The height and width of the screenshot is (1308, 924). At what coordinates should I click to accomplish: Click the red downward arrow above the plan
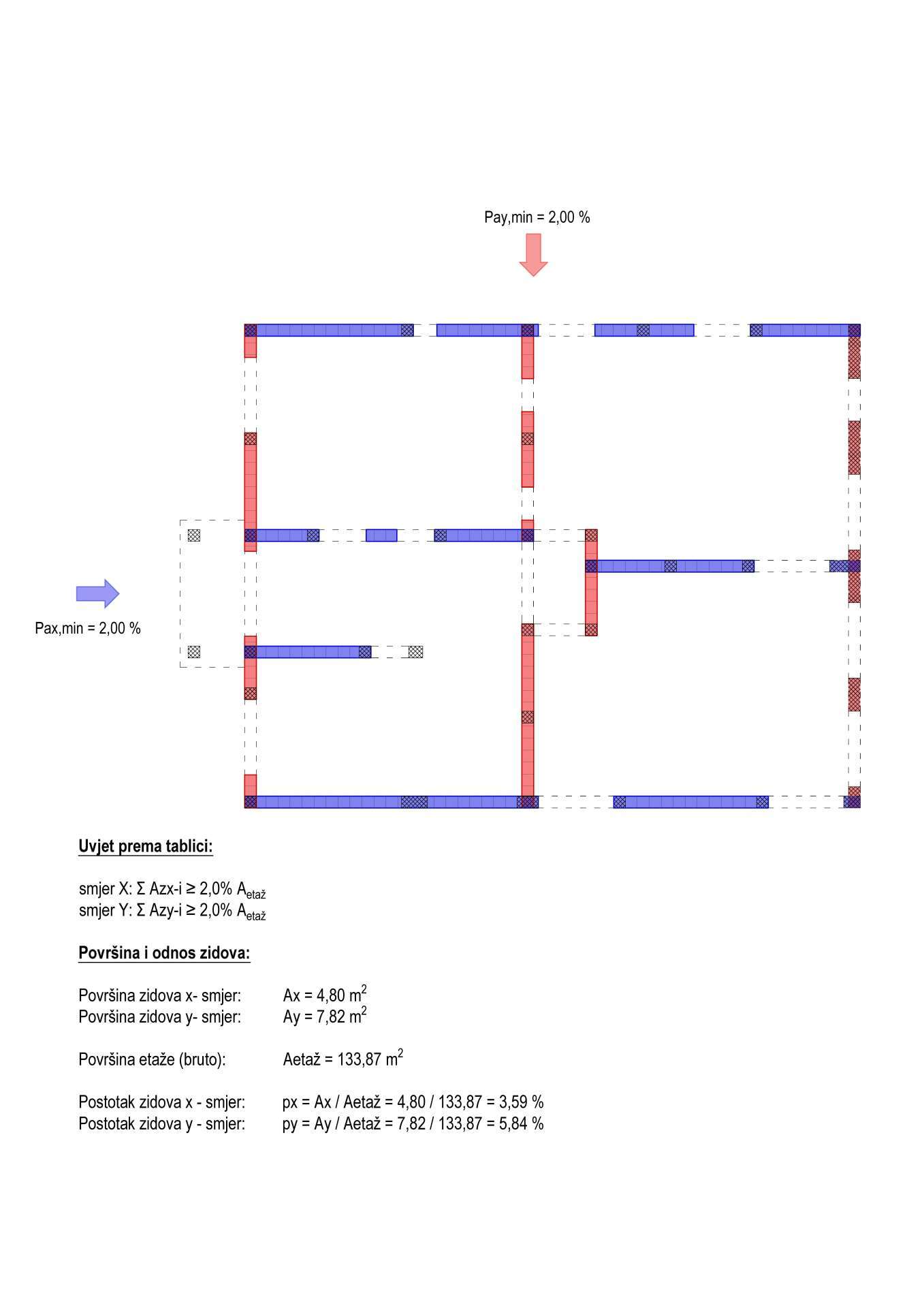pos(533,255)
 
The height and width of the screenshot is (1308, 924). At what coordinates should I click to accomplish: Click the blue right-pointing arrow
pos(97,593)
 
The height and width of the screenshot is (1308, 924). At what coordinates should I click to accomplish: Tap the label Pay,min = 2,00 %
pos(537,217)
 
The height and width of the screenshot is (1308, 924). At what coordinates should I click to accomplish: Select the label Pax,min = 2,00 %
pos(88,628)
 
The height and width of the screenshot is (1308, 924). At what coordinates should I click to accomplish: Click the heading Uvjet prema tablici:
pos(146,847)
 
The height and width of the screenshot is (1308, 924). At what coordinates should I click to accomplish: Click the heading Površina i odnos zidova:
pos(164,953)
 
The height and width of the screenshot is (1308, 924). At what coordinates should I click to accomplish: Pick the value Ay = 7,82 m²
pos(325,1016)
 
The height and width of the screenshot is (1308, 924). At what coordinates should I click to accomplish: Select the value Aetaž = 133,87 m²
pos(343,1058)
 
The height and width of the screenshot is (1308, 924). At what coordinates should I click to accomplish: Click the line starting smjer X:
pos(172,890)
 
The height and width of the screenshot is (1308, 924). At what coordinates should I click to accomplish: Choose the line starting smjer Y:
pos(172,912)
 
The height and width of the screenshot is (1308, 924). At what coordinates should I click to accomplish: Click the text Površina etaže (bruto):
pos(152,1059)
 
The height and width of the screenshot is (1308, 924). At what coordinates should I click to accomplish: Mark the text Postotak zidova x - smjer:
pos(162,1102)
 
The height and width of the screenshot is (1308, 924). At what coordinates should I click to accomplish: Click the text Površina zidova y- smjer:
pos(160,1017)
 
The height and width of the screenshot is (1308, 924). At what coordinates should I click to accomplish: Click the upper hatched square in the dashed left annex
pos(194,535)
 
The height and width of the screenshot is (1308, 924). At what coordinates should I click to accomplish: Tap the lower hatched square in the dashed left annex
pos(194,652)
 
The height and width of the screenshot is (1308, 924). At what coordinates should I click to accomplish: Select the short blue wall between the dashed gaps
pos(381,535)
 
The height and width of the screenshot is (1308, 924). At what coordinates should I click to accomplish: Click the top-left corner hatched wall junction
pos(251,330)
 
